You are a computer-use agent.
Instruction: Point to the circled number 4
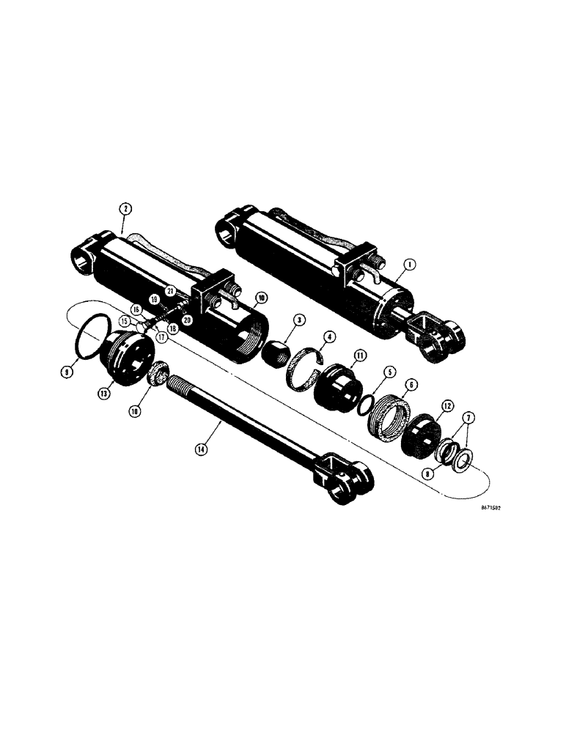(330, 338)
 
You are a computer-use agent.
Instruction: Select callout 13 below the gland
(105, 394)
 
